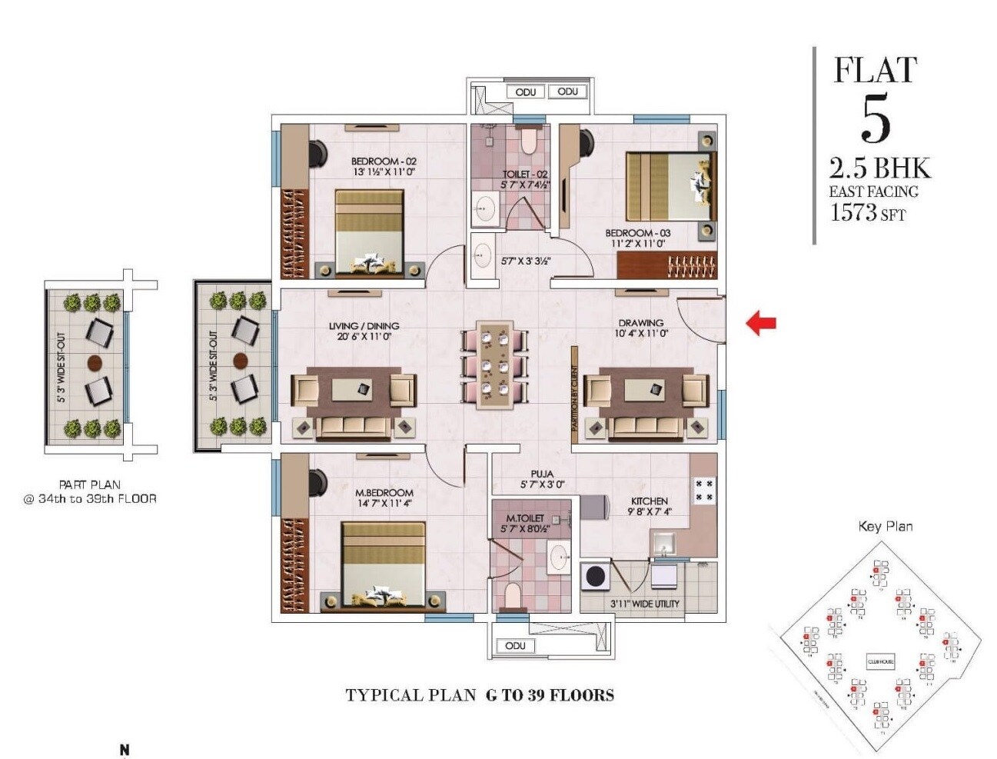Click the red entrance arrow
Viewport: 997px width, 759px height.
pos(761,322)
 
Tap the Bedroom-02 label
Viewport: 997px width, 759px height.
pos(384,161)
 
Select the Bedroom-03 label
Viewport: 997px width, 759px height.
pos(637,233)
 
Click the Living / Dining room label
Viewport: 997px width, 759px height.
pos(364,326)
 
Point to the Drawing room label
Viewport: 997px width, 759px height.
pos(640,323)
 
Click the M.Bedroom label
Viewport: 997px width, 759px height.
pos(384,492)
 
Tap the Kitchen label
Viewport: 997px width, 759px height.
pos(649,501)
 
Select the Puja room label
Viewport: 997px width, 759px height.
pos(542,474)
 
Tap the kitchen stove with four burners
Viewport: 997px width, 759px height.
pos(704,490)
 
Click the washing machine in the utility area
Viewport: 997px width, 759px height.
pos(595,577)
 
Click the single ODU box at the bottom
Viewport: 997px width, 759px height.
pos(515,645)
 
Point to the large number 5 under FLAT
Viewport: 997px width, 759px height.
pos(876,121)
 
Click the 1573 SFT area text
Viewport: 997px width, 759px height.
pos(867,212)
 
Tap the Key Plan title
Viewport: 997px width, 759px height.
pos(885,526)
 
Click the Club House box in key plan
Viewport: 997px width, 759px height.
pos(880,661)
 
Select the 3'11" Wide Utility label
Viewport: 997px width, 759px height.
pos(645,604)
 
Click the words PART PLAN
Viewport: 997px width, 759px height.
pos(90,484)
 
